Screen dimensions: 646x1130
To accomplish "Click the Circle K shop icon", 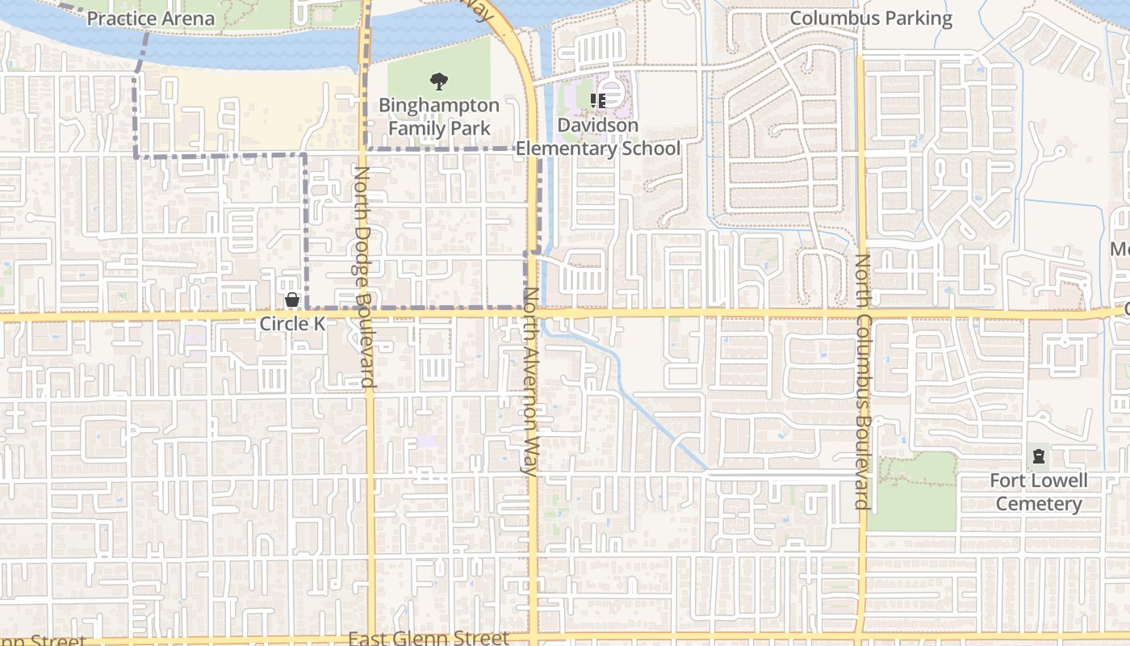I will coord(292,300).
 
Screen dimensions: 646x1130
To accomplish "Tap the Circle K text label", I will coord(292,324).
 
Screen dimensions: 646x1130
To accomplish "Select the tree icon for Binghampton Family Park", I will coord(439,81).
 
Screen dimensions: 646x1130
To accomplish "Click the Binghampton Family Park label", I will coord(439,116).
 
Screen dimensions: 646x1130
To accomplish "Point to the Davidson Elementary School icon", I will coord(598,100).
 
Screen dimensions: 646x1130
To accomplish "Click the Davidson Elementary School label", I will coord(598,137).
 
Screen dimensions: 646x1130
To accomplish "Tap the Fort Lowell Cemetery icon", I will coord(1038,458).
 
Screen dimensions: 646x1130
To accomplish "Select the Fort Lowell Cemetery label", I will coord(1039,492).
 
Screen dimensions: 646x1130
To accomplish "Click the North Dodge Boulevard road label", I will coord(362,277).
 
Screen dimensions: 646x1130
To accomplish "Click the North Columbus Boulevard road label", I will coord(862,382).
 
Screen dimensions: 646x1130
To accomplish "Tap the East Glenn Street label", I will coord(429,638).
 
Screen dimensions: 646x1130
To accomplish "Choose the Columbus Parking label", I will coord(871,18).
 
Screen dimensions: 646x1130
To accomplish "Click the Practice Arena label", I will coord(151,18).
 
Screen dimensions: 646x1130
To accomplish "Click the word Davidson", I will coord(598,125).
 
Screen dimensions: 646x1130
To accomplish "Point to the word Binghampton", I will coord(439,105).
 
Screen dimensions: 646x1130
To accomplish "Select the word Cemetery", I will coord(1039,504).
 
